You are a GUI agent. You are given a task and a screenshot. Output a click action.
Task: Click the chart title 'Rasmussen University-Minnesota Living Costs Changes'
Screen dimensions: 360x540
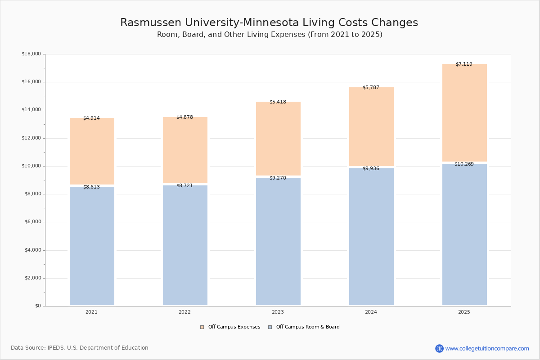[x=269, y=23]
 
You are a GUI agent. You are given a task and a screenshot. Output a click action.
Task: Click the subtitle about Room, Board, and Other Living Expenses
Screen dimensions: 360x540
[x=270, y=35]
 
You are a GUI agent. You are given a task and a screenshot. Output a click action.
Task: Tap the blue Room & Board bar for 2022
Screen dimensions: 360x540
[x=185, y=245]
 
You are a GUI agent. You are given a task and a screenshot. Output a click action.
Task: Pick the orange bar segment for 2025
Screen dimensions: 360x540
[x=464, y=112]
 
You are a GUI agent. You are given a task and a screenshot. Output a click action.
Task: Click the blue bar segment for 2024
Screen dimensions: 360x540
[x=371, y=237]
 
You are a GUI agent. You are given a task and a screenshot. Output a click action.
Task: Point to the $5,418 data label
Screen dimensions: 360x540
[x=278, y=102]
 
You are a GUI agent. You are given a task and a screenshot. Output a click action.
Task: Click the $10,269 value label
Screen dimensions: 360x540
[x=464, y=164]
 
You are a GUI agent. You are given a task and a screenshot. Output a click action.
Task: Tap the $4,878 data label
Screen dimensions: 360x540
[x=184, y=117]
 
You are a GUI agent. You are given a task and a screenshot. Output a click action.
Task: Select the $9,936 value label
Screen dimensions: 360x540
[x=371, y=169]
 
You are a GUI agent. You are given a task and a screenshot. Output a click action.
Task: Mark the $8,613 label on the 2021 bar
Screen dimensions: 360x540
[x=91, y=187]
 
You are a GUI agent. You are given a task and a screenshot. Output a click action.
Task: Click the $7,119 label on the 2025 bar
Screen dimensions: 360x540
[x=464, y=64]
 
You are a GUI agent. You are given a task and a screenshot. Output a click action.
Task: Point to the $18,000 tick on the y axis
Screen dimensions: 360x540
[x=31, y=54]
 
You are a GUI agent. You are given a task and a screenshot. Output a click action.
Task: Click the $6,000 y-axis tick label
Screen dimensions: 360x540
[x=32, y=222]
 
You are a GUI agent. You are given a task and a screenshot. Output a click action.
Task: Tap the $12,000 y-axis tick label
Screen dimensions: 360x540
[x=31, y=138]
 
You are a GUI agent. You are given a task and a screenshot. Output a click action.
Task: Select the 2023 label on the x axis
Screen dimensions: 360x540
[x=278, y=312]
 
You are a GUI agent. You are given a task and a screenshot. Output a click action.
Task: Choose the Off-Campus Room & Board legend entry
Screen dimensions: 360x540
[x=307, y=327]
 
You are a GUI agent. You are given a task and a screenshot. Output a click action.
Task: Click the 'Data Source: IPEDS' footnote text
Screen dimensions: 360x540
[x=80, y=348]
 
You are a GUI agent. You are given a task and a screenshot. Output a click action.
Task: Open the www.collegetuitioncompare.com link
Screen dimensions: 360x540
[x=487, y=348]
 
